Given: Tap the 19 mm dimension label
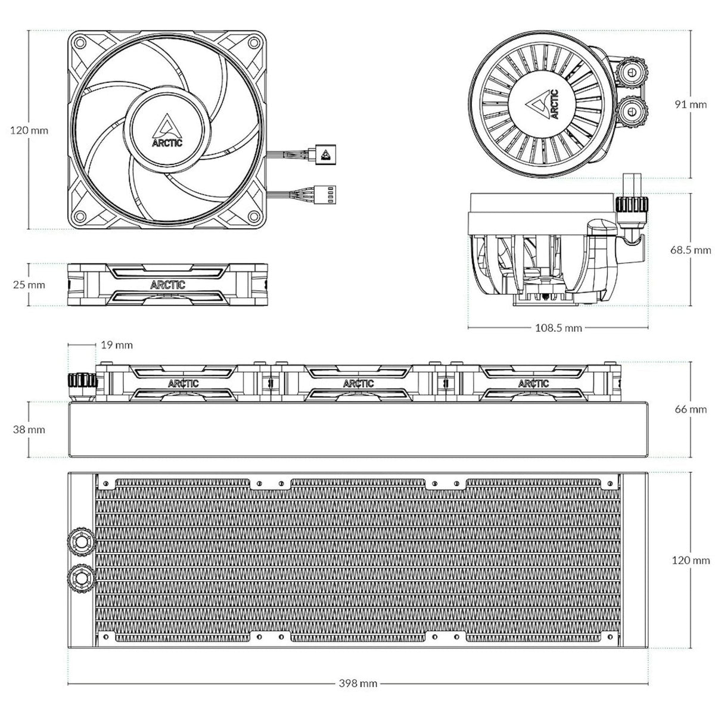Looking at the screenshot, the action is [x=117, y=345].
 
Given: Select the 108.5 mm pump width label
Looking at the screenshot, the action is [x=558, y=328].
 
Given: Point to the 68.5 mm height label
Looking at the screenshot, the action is [x=691, y=250].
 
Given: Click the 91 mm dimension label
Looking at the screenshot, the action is [x=691, y=105].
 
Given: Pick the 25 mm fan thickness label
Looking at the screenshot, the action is [x=29, y=285].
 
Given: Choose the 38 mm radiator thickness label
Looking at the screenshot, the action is [x=29, y=430].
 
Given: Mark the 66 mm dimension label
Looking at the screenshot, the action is [x=691, y=409].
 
